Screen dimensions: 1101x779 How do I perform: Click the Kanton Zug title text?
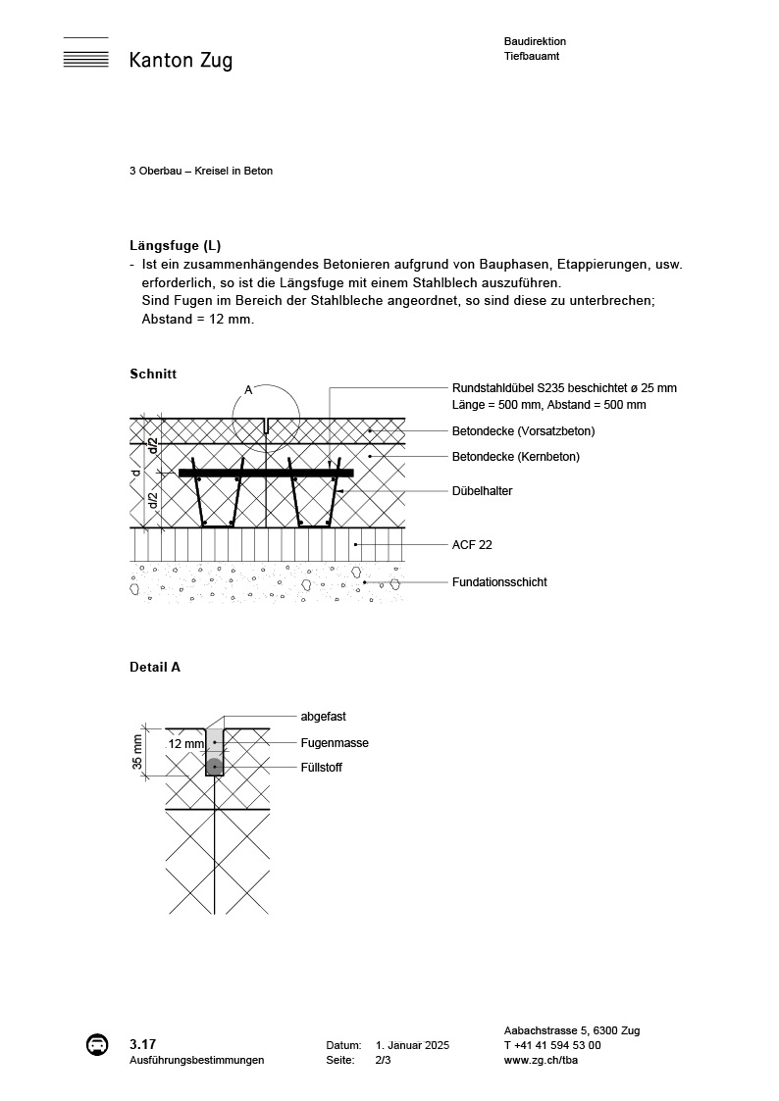tap(181, 61)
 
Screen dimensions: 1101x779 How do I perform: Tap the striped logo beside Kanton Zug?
tap(85, 54)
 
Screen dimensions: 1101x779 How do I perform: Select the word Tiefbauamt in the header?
tap(532, 57)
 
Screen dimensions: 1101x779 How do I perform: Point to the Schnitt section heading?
tap(152, 374)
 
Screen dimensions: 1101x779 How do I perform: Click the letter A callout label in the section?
tap(248, 390)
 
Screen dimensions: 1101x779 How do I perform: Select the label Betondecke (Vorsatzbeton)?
tap(523, 430)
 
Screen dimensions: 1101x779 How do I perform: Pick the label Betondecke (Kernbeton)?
tap(515, 456)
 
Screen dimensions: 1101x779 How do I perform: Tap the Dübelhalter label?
tap(482, 491)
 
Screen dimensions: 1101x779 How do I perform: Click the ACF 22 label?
tap(472, 544)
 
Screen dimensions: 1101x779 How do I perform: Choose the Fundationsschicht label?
tap(499, 582)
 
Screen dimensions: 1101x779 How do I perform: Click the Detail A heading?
tap(155, 667)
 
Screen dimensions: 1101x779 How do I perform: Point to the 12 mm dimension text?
tap(185, 744)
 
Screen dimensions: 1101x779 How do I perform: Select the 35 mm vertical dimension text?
tap(137, 752)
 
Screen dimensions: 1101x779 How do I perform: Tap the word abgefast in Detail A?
tap(323, 717)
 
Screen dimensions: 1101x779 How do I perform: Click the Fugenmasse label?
tap(335, 743)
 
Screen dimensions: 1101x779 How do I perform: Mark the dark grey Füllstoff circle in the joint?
tap(214, 766)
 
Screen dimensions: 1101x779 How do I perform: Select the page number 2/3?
tap(383, 1060)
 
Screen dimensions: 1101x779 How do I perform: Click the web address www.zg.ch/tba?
tap(540, 1060)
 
